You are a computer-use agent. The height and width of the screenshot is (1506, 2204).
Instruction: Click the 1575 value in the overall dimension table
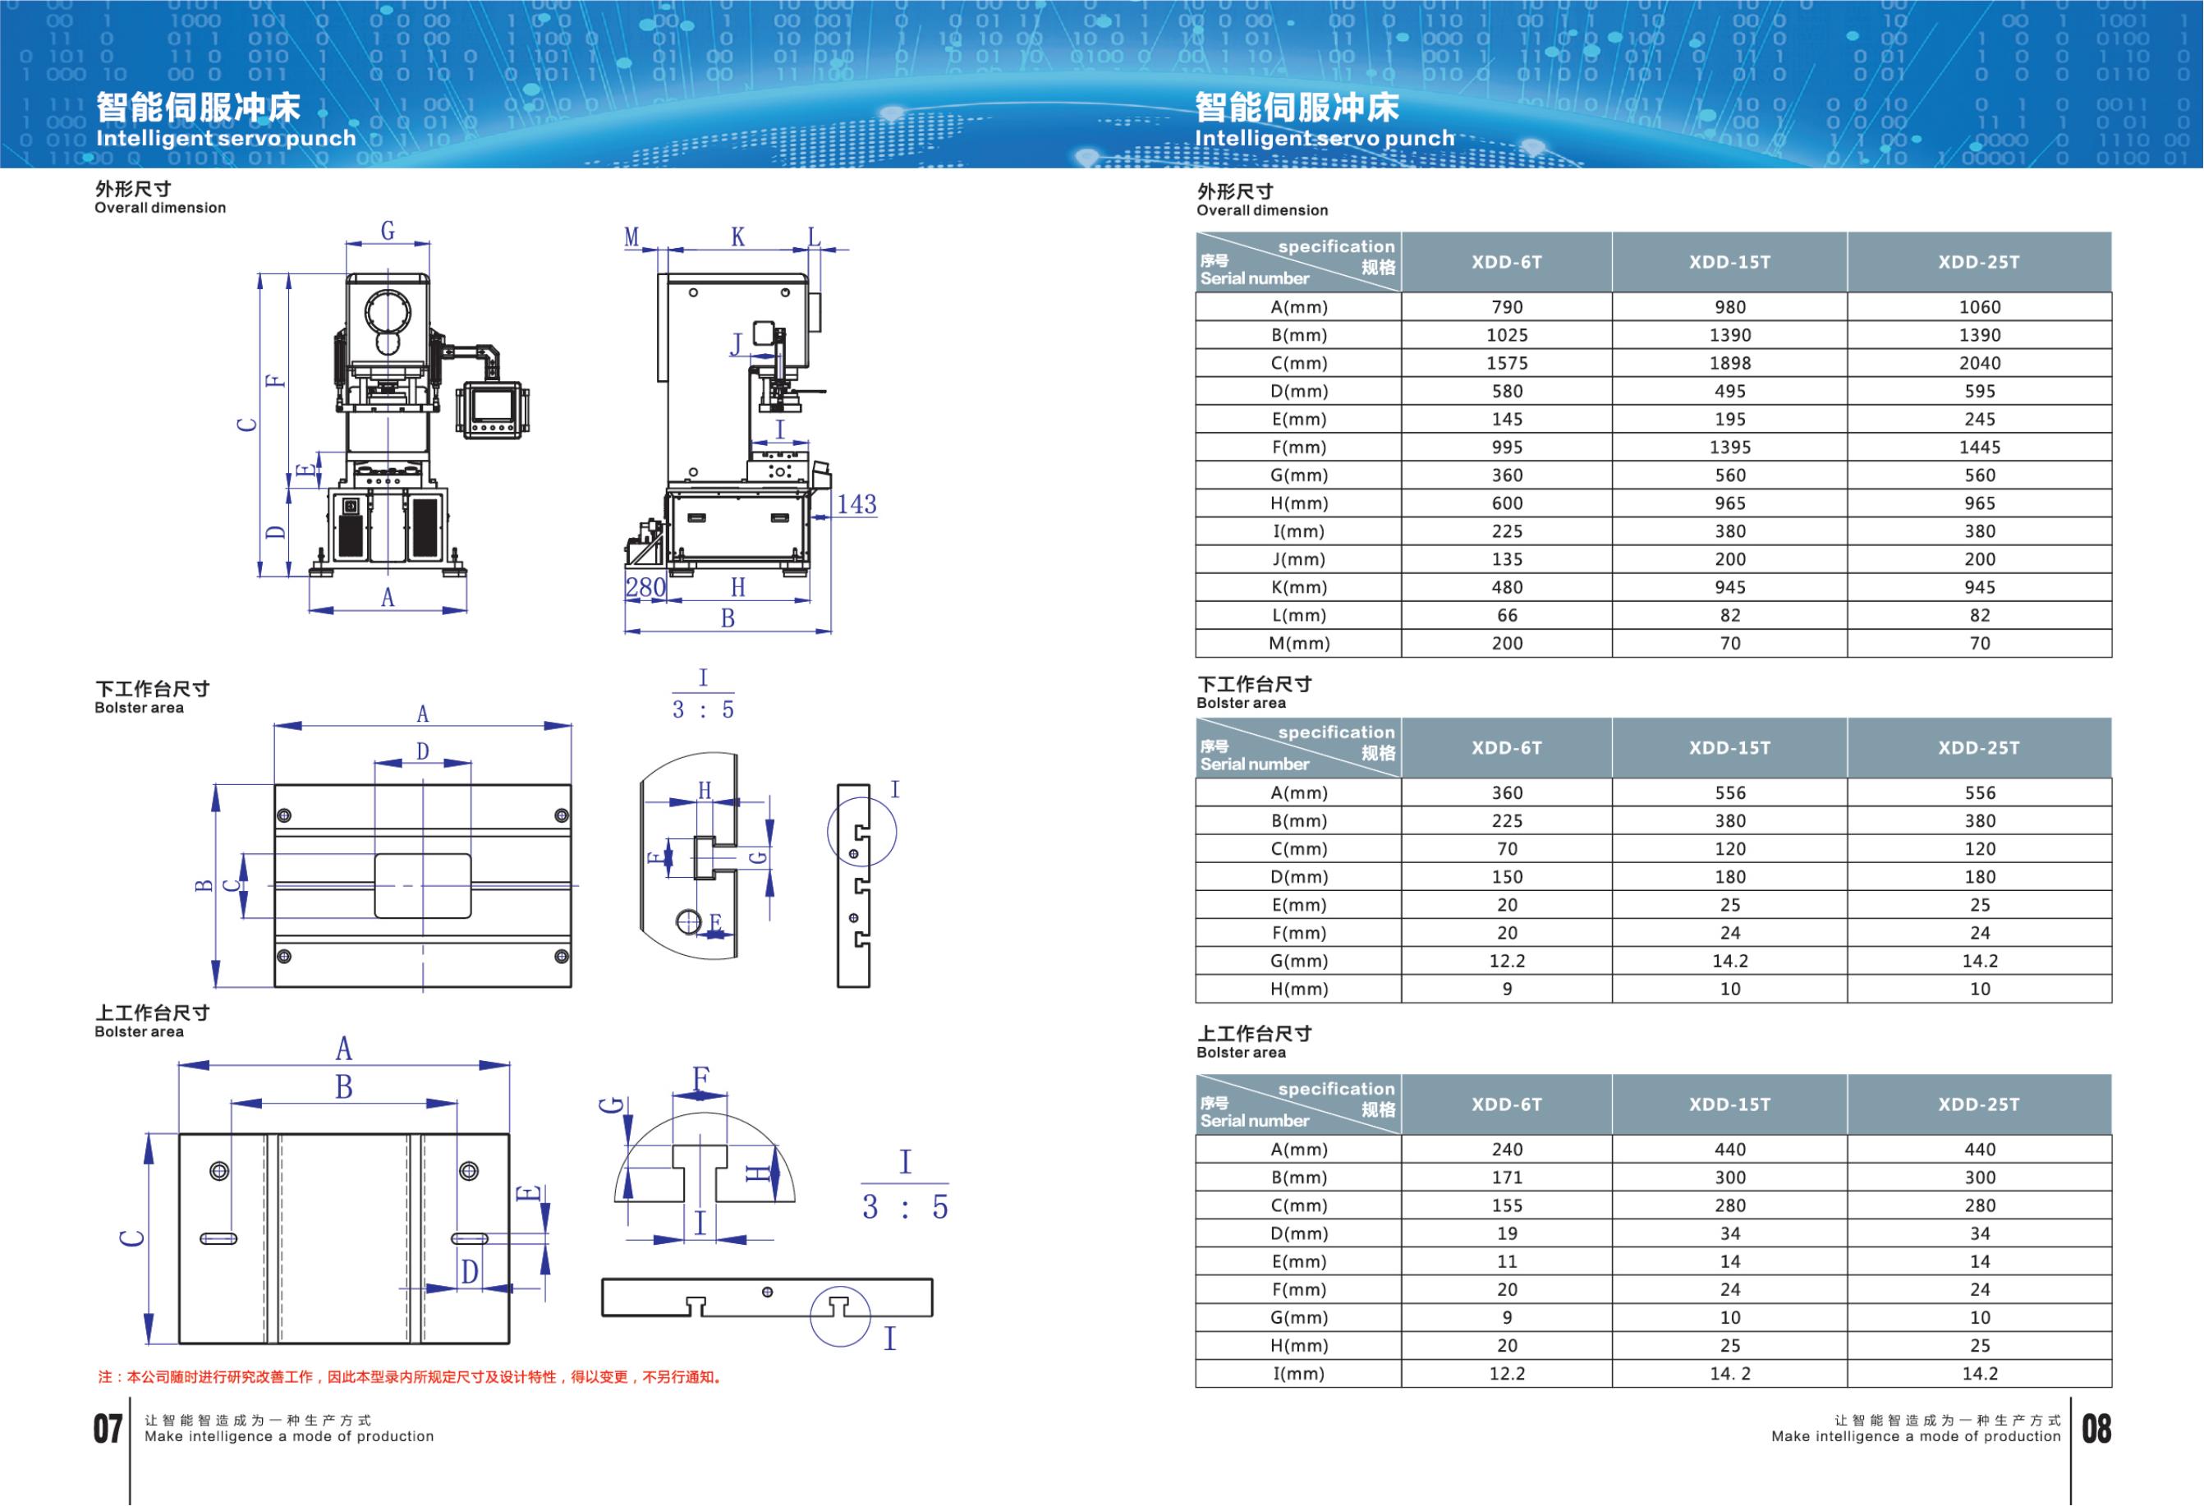(1506, 363)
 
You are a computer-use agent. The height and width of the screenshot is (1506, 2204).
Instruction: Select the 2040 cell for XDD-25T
(1979, 363)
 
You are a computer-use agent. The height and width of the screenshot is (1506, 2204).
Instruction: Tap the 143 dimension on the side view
(856, 504)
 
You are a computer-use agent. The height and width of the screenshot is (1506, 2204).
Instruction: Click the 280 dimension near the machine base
(645, 588)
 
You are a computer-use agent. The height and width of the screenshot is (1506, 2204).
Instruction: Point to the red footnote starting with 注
(410, 1377)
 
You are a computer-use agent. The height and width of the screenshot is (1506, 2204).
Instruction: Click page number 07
(108, 1428)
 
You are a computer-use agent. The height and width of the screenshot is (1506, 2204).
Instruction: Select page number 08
(2096, 1428)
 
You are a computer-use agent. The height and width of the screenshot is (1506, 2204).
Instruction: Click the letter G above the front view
(387, 231)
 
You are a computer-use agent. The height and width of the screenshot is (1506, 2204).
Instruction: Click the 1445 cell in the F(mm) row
(1979, 448)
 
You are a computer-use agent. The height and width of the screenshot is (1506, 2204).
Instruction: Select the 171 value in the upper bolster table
(1506, 1178)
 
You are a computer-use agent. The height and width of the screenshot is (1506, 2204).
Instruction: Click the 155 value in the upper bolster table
(1506, 1206)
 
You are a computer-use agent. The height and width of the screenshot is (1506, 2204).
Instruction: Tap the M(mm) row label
(1299, 644)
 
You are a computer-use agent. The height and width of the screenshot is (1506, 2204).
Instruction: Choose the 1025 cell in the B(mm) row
(1506, 336)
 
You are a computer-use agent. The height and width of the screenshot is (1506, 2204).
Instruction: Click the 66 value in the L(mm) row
(1506, 616)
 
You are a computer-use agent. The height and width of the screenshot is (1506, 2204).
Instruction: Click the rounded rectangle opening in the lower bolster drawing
(422, 886)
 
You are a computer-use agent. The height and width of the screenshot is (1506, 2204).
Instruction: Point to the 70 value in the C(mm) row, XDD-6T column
(1506, 850)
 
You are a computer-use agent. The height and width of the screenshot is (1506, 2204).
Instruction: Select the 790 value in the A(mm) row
(1506, 307)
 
